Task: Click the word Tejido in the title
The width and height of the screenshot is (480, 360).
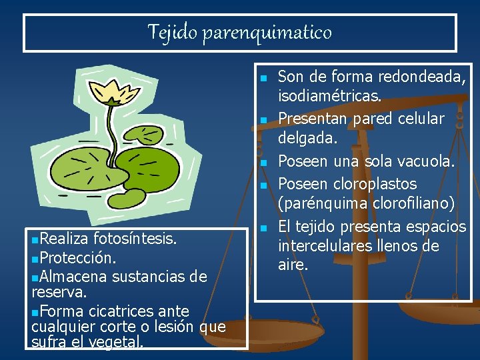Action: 167,31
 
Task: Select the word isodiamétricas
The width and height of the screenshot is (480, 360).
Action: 329,97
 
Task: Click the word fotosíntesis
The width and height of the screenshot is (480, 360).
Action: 135,239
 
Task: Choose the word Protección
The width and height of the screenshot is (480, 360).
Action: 78,257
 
